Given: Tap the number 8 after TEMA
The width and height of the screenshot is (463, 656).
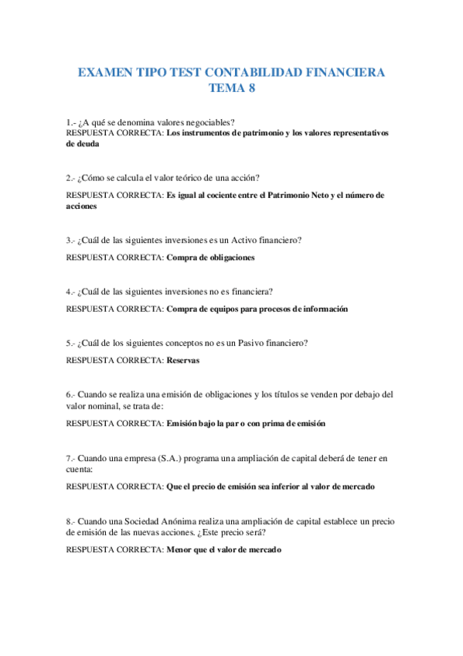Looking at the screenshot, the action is click(251, 88).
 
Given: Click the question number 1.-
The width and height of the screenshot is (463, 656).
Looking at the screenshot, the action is click(72, 122).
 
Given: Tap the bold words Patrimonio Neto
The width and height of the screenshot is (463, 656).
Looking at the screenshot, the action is click(295, 196).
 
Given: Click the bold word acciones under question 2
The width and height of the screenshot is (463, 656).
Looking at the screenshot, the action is click(82, 207).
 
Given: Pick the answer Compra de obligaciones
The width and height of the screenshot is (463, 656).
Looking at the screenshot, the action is click(210, 258).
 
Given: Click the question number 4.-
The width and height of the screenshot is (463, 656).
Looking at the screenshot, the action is click(72, 292).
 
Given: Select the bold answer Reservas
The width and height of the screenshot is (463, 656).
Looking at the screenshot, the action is click(182, 360).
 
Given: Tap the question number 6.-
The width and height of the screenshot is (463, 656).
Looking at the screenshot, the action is click(72, 395).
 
